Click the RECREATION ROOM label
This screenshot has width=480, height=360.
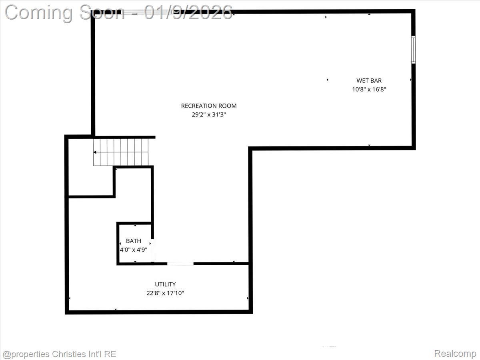(x=208, y=106)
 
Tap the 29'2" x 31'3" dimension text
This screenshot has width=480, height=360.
(x=208, y=115)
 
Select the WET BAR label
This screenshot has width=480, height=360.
(x=369, y=81)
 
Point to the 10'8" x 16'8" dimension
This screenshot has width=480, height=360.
(x=369, y=90)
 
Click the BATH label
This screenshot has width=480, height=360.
(x=134, y=241)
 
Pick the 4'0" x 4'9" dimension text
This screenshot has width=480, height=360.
(x=134, y=250)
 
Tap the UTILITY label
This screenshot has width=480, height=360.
(x=165, y=284)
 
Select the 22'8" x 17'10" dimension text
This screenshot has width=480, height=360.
(x=165, y=293)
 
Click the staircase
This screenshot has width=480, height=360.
(x=121, y=152)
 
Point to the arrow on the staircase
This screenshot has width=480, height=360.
(x=95, y=152)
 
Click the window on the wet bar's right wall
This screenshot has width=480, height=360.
(x=414, y=50)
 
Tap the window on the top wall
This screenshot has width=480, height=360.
(x=148, y=12)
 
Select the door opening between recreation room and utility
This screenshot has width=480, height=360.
(x=180, y=264)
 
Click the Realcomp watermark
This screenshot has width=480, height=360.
(x=455, y=354)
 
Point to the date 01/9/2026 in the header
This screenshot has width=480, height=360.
(x=188, y=12)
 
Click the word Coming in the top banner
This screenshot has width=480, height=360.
(x=38, y=12)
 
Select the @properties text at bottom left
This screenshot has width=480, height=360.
(x=26, y=354)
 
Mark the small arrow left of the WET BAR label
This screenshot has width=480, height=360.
(x=328, y=80)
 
